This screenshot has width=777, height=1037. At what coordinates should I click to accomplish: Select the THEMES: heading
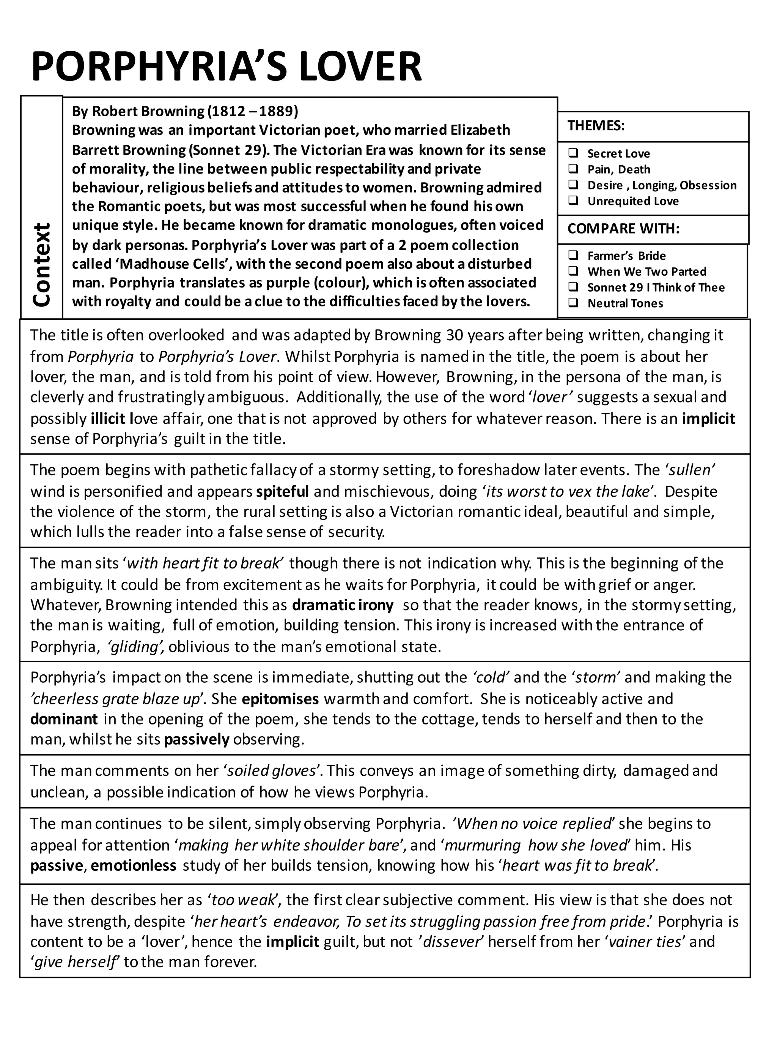596,126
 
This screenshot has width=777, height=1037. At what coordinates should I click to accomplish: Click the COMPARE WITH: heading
623,229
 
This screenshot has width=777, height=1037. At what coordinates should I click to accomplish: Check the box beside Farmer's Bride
573,255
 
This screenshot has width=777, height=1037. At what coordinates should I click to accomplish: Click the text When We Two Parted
646,271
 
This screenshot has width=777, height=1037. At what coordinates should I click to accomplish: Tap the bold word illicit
108,418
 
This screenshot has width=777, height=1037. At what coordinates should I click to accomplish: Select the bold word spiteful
282,491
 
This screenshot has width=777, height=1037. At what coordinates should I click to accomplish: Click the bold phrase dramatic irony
342,605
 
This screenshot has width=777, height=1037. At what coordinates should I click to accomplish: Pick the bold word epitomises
280,699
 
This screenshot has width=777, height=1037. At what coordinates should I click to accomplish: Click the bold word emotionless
134,865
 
